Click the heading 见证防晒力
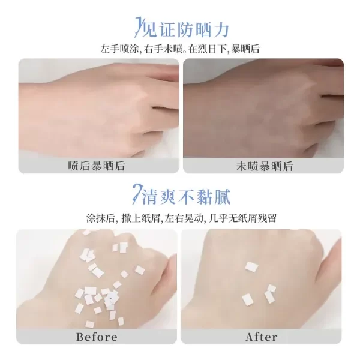tap(185, 29)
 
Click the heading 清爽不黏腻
tap(187, 197)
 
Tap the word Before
tap(97, 337)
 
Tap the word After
tap(261, 337)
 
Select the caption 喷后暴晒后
tap(97, 166)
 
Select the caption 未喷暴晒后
tap(265, 166)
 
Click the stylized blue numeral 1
tap(138, 27)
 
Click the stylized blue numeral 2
tap(137, 194)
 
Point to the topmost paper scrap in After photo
tap(251, 267)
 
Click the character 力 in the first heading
tap(221, 29)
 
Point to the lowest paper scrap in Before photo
tap(90, 324)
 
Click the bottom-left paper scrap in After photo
tap(247, 300)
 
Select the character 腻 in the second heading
tap(222, 197)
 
